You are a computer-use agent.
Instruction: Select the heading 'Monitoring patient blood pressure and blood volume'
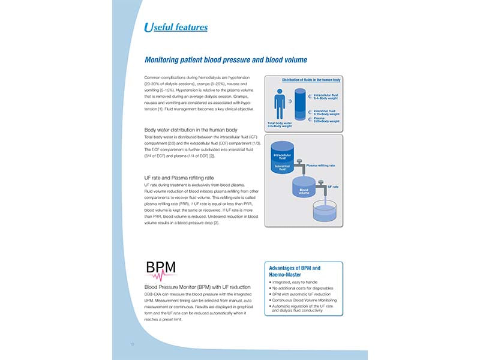pos(226,60)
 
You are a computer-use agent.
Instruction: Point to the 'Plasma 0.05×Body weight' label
pos(326,120)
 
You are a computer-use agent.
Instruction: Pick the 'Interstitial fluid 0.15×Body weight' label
pos(326,112)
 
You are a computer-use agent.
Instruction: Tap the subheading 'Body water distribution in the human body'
pos(191,130)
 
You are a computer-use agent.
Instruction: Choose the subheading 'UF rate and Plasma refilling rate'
pos(179,178)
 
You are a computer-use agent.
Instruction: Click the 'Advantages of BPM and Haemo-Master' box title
pos(295,271)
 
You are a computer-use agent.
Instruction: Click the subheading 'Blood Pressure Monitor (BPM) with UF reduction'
pos(197,287)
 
